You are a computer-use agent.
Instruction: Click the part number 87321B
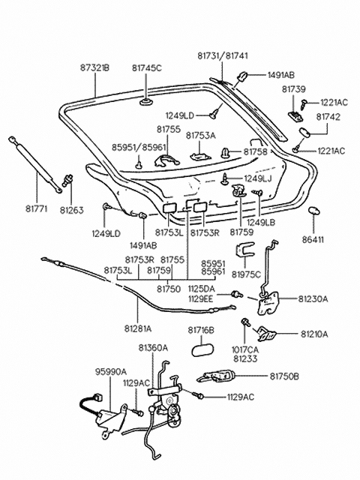[x=95, y=67]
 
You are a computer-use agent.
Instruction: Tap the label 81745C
[x=147, y=67]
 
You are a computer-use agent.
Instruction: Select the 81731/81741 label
[x=223, y=55]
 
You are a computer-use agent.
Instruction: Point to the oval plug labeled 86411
[x=313, y=211]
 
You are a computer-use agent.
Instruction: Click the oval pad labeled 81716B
[x=202, y=349]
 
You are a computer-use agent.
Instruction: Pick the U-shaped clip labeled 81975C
[x=245, y=250]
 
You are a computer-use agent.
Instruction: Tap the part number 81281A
[x=138, y=328]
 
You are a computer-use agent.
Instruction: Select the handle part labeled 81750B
[x=216, y=376]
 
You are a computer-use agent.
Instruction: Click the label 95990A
[x=110, y=372]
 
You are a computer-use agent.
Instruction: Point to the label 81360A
[x=153, y=348]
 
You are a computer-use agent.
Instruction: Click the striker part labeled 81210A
[x=266, y=333]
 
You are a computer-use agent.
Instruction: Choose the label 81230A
[x=313, y=299]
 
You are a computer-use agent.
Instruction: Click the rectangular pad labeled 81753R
[x=199, y=207]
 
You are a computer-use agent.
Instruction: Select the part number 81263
[x=72, y=210]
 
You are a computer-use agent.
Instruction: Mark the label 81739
[x=294, y=89]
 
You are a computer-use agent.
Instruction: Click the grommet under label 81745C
[x=147, y=101]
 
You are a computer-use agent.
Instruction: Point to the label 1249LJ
[x=258, y=178]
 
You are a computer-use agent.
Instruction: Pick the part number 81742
[x=328, y=117]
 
